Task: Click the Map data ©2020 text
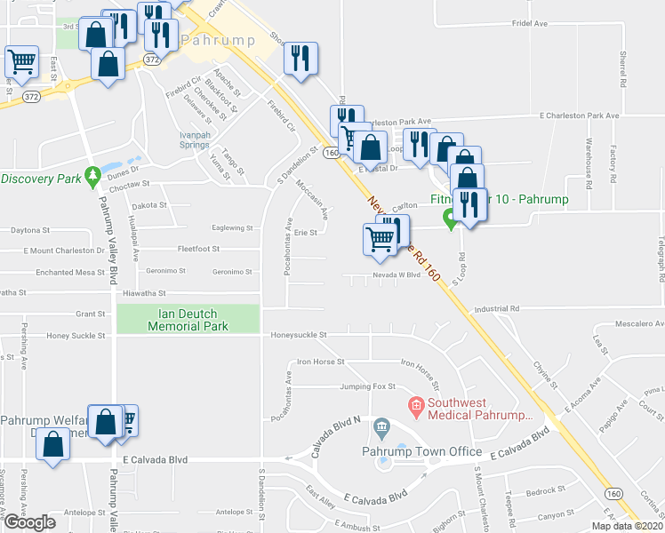tap(627, 526)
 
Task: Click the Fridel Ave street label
tap(529, 24)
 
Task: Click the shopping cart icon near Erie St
tap(381, 239)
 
